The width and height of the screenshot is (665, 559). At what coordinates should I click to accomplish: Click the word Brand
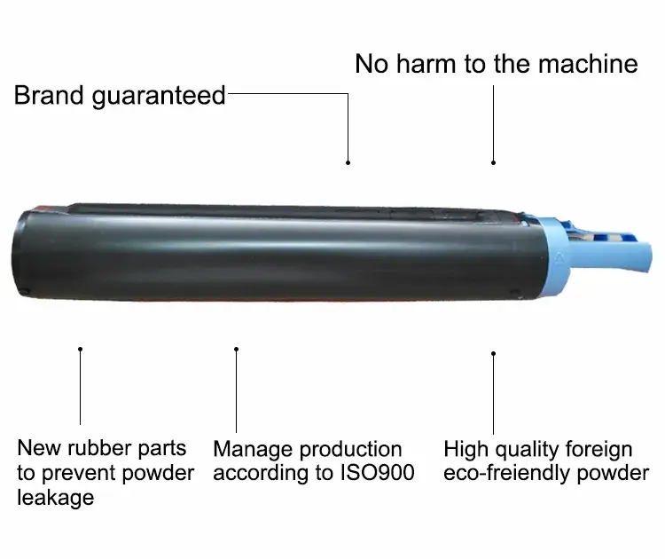[x=49, y=95]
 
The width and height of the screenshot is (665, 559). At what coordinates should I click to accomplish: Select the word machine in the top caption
[x=588, y=64]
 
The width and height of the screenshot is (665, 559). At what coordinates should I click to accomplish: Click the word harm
[x=426, y=64]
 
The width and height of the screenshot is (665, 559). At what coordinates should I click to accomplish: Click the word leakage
[x=56, y=498]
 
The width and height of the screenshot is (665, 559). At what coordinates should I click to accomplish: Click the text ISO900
[x=378, y=473]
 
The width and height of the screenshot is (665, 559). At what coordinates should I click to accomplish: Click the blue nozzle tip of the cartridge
[x=639, y=256]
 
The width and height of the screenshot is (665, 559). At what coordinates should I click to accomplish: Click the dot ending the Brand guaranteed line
[x=348, y=162]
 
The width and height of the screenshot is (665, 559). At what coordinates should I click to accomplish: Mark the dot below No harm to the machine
[x=493, y=162]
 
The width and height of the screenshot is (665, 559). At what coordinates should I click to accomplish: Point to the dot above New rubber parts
[x=80, y=350]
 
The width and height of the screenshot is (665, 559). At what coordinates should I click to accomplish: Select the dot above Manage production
[x=236, y=350]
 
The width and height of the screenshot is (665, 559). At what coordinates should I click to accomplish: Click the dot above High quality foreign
[x=493, y=353]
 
